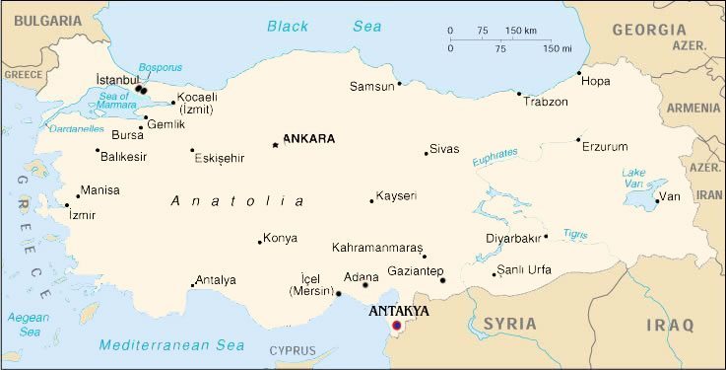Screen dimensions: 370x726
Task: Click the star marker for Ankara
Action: tap(276, 145)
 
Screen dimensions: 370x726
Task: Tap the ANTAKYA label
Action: tap(398, 310)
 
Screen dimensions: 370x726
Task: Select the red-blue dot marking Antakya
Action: tap(397, 325)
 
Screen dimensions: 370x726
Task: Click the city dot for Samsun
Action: tap(399, 86)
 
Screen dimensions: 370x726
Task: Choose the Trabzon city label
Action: tap(546, 102)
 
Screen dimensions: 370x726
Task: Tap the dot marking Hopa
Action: tap(579, 73)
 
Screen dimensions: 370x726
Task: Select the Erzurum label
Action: tap(604, 147)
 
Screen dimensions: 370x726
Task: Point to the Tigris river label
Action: tap(575, 234)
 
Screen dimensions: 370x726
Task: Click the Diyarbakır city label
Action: tap(513, 238)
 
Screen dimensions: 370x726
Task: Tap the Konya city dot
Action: tap(260, 242)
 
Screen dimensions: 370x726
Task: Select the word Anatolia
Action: tap(237, 201)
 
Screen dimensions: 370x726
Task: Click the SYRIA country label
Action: tap(509, 324)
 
